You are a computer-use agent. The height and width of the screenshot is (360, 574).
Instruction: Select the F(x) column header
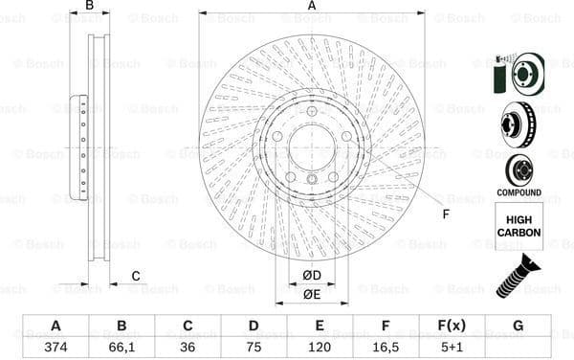click(x=452, y=326)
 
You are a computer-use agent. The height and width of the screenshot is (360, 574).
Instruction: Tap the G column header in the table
click(x=518, y=326)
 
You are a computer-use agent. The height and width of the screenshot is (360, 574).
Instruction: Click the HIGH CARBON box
click(x=519, y=226)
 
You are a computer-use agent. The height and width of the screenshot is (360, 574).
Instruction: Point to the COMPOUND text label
click(x=519, y=191)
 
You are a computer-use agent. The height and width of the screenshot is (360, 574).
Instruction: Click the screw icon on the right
click(x=517, y=273)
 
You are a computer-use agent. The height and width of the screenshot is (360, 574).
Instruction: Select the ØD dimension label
click(x=312, y=277)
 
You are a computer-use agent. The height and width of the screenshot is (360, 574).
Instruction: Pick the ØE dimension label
click(x=312, y=294)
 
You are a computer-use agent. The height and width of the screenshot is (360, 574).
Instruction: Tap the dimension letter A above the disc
click(x=312, y=6)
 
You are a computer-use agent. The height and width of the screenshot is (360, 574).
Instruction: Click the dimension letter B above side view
click(x=90, y=6)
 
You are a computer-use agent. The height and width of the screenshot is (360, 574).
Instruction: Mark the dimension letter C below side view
click(x=135, y=277)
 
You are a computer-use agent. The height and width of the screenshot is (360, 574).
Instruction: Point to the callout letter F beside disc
click(x=446, y=214)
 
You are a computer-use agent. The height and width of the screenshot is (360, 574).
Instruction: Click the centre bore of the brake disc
click(x=312, y=148)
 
